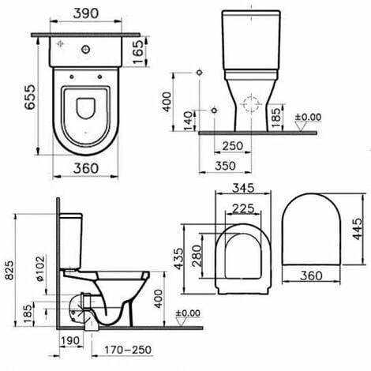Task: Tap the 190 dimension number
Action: (x=71, y=340)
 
